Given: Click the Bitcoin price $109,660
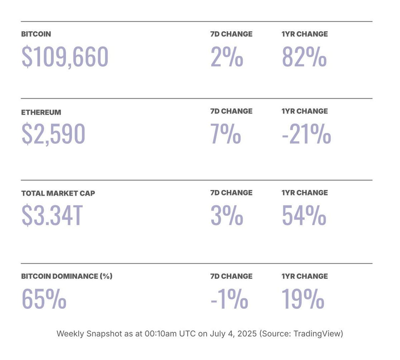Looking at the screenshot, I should (x=65, y=57).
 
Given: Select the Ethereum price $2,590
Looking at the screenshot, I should (x=53, y=134).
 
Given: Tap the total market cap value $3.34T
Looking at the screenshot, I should (x=52, y=215).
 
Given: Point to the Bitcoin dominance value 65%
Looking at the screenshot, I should (x=44, y=299).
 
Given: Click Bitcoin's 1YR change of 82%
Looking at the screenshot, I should (x=304, y=57).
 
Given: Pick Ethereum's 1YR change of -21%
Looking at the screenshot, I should (x=306, y=134).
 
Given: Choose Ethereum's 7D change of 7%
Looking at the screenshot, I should (x=226, y=134).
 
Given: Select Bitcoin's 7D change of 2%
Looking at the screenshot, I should (x=227, y=57).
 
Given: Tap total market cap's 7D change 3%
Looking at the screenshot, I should (x=227, y=215).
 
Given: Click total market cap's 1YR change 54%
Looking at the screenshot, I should (x=304, y=215).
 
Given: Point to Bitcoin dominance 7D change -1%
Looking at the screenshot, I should (x=229, y=299).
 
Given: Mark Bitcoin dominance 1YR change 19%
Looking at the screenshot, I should (x=303, y=299).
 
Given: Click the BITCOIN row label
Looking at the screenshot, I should (x=36, y=34).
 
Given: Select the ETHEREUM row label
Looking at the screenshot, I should (x=41, y=112).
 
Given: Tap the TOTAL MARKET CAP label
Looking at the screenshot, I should (x=58, y=193).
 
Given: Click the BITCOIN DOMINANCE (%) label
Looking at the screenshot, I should (x=67, y=276).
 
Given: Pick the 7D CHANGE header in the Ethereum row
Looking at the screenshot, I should (x=231, y=111).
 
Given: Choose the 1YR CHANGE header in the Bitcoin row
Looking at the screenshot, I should (x=305, y=34).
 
